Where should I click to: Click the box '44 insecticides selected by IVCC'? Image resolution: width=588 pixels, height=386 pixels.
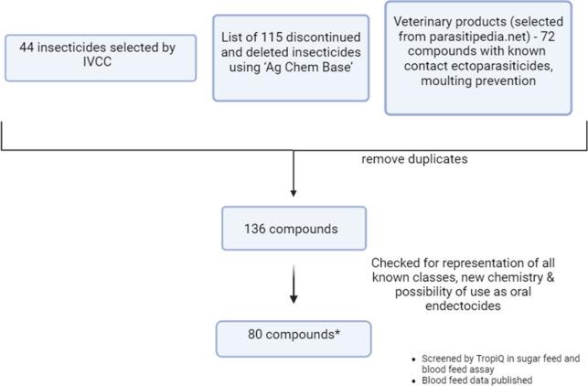[101, 58]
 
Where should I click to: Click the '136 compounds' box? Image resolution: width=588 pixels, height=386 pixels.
[292, 228]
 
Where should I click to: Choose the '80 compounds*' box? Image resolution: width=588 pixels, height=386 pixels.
[292, 338]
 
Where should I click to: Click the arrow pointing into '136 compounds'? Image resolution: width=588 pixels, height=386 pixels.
[293, 174]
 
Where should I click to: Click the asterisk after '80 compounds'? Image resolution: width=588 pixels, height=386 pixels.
[339, 335]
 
